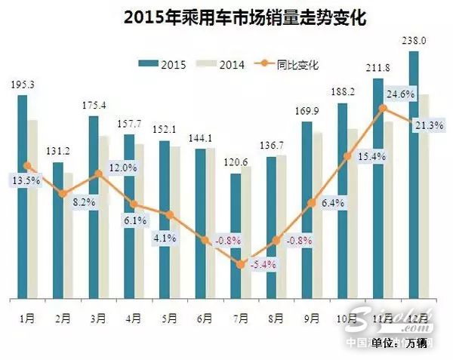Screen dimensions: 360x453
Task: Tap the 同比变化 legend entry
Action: point(286,64)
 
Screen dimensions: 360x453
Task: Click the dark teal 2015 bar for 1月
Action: point(22,196)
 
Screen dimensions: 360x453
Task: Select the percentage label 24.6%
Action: point(401,94)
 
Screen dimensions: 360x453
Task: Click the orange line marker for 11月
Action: point(383,109)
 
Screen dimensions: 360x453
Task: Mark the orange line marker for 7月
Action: point(241,264)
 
